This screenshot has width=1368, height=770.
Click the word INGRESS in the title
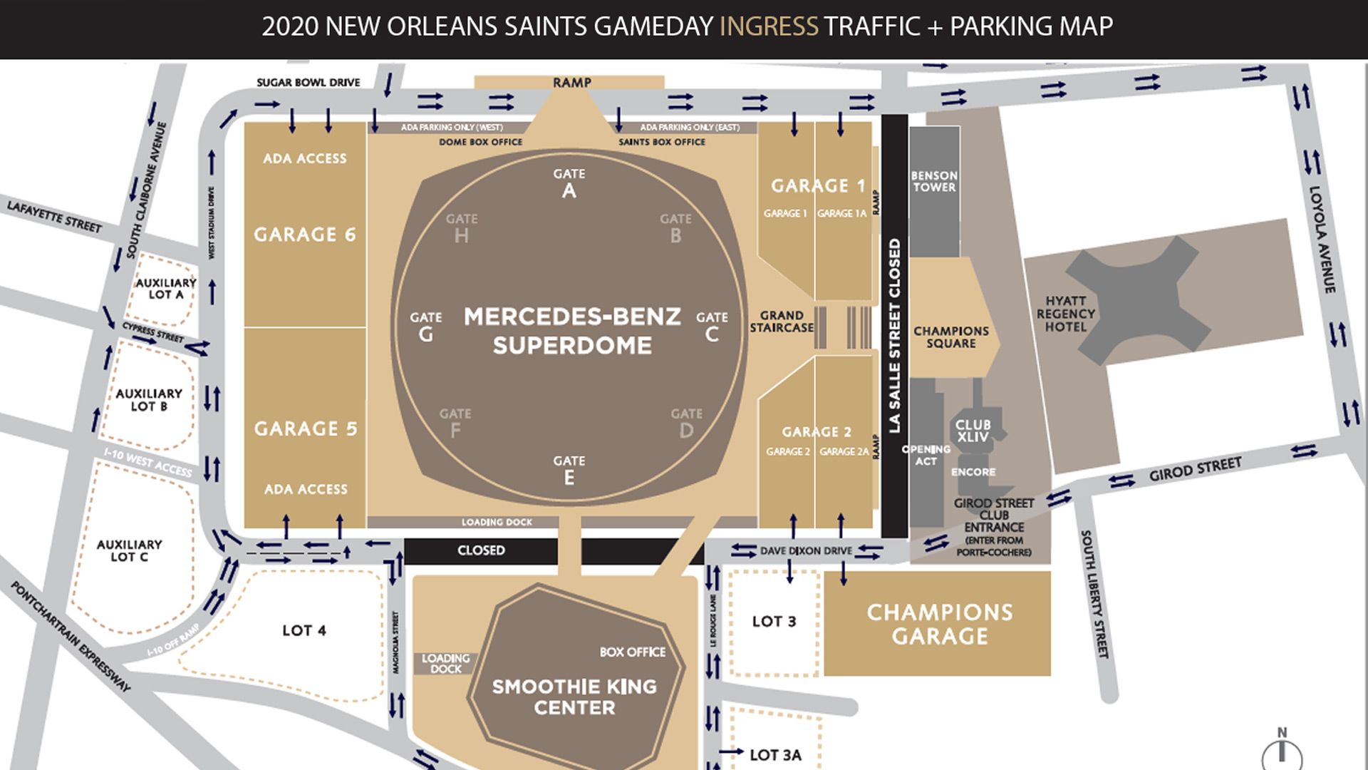pos(768,26)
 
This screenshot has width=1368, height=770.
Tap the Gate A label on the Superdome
pos(569,183)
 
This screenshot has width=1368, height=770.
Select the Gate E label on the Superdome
pos(569,471)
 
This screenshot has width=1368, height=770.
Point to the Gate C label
pos(711,327)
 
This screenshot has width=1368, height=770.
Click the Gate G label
pos(426,327)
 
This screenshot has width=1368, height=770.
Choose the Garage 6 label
pos(305,235)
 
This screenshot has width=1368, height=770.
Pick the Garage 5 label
pos(306,428)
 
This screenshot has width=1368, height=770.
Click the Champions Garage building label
pos(939,624)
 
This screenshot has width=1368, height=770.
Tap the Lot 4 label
pos(304,630)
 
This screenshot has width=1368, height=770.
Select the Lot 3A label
pos(775,754)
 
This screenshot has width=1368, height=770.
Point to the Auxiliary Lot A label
pos(165,289)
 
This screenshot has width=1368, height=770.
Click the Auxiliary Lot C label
pos(130,550)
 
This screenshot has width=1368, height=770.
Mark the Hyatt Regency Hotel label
pos(1065,314)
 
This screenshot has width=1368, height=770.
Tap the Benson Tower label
pos(934,181)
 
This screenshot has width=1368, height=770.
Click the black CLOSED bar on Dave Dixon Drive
pos(481,550)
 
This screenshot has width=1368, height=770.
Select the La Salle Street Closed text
pos(895,335)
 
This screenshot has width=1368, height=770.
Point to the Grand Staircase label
pos(781,321)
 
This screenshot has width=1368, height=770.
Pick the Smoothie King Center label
pos(574,697)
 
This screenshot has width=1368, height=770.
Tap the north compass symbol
pos(1282,750)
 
